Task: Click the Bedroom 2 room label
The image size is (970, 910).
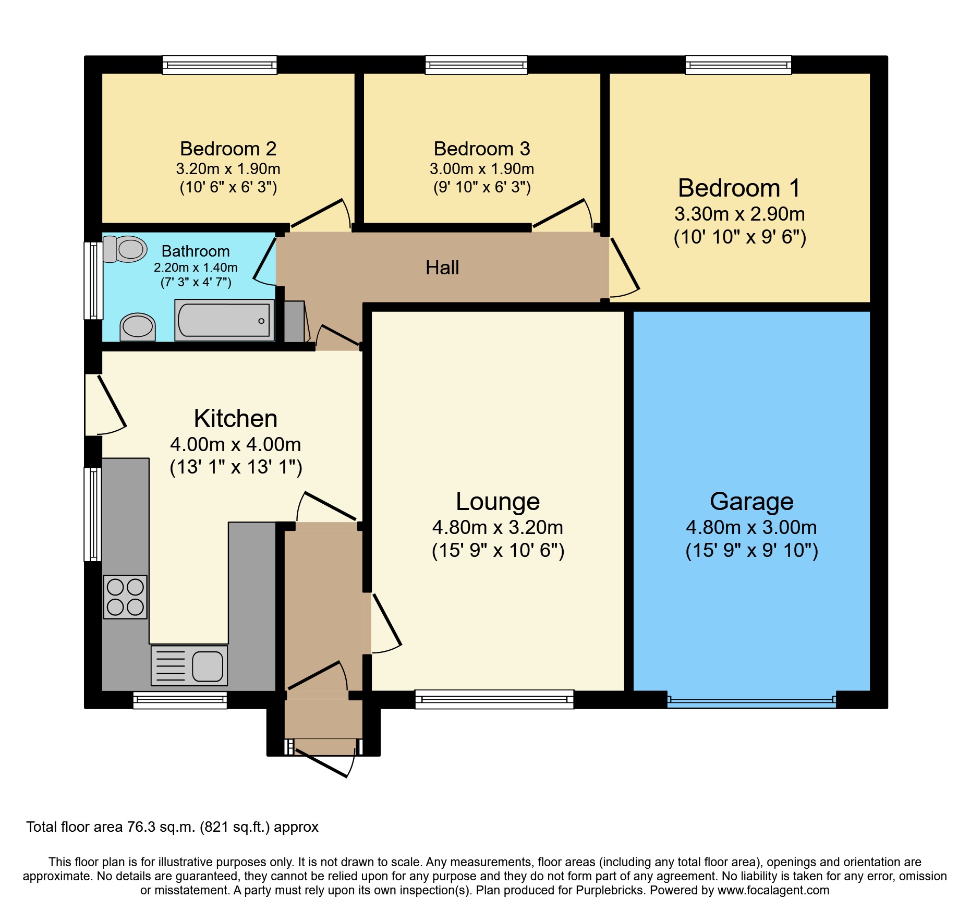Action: coord(228,149)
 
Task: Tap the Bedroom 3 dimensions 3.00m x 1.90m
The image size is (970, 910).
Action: coord(481,169)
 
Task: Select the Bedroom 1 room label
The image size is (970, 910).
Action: coord(739,188)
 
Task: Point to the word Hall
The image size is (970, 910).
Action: coord(442,268)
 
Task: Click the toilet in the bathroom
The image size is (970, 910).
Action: coord(125,249)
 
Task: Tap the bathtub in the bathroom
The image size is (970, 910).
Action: coord(224,320)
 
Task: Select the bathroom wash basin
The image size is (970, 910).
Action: coord(138,327)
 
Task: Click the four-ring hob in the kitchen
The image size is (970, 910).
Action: coord(125,597)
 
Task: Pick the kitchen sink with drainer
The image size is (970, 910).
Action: coord(189,665)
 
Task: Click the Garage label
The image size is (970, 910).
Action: coord(751,502)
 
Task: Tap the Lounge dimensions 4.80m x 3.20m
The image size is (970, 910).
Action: coord(498,528)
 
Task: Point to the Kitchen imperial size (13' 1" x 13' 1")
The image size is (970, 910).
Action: coord(236,467)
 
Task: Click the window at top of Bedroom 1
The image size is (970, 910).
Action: coord(738,65)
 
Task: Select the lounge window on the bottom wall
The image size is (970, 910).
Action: coord(494,699)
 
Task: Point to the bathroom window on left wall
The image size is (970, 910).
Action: coord(93,280)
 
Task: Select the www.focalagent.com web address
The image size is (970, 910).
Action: coord(773,890)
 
